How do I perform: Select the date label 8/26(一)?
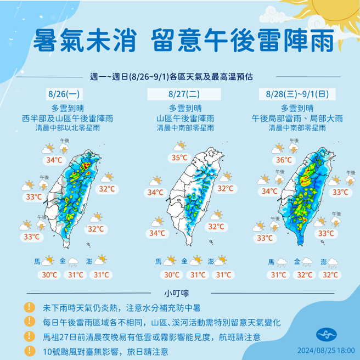tap(61, 94)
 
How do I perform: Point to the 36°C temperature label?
tap(284, 161)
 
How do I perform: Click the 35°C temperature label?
tap(179, 158)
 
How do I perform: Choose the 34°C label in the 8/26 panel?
tap(54, 161)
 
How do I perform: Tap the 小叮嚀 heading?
tap(179, 292)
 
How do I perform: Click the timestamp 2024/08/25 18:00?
tap(325, 350)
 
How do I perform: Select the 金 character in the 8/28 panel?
tap(297, 262)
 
